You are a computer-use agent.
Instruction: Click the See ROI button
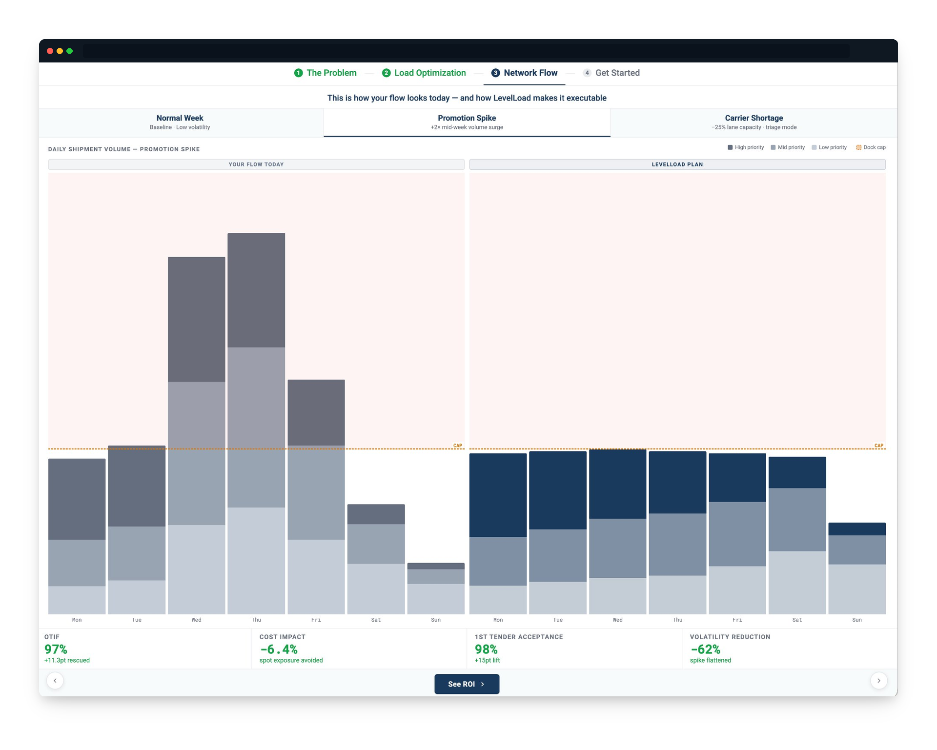coord(467,684)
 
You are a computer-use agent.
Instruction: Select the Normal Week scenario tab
coord(180,122)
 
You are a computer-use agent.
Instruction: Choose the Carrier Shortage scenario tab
coord(754,122)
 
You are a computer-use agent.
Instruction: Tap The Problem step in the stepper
coord(326,73)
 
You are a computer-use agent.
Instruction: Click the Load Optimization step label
coord(429,73)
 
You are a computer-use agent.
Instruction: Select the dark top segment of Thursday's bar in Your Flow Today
coord(256,290)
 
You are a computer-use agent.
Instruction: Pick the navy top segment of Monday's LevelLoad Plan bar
coord(498,495)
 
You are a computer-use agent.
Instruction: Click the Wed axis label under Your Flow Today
coord(196,620)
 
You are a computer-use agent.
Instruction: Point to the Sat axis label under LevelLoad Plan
coord(797,620)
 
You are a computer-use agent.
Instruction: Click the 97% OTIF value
coord(56,649)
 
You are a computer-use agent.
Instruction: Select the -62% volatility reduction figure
coord(705,649)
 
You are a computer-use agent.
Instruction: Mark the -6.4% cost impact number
coord(279,649)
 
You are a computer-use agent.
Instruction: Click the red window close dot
coord(50,51)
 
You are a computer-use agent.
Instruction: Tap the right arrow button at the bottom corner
coord(878,680)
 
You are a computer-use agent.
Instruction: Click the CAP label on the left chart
coord(457,446)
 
